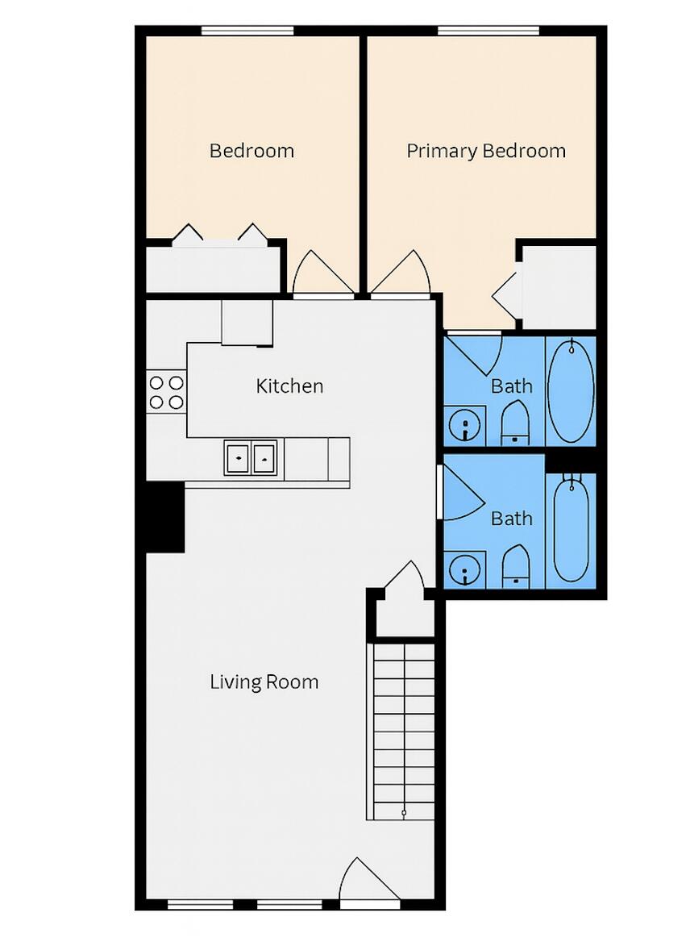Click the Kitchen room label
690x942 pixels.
point(289,386)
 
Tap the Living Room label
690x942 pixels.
point(264,682)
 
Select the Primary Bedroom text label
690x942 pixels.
point(485,151)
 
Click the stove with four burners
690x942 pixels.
point(166,392)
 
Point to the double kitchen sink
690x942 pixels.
point(251,457)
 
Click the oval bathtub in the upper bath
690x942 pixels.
point(570,390)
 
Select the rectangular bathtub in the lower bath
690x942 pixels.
point(571,530)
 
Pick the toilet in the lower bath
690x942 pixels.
point(514,567)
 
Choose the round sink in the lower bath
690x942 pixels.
point(465,569)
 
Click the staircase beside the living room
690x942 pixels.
point(401,730)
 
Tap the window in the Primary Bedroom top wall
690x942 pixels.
point(488,31)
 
